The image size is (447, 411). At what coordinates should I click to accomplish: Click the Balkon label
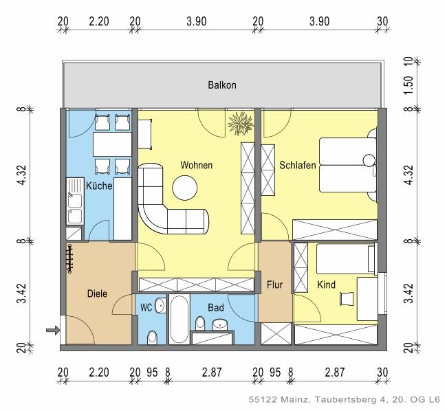pos(222,85)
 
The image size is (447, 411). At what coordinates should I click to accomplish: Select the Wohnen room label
pos(196,166)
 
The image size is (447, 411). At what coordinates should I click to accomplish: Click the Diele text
pos(97,293)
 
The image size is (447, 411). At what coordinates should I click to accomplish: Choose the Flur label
pos(274,283)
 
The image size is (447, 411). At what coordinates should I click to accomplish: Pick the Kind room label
pos(326,284)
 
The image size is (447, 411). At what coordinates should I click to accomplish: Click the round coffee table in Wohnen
pos(185,186)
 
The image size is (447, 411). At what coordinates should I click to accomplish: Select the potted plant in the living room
pos(241,124)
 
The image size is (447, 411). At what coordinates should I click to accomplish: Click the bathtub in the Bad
pos(178,319)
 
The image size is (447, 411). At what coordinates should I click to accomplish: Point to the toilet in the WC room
pos(152,336)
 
